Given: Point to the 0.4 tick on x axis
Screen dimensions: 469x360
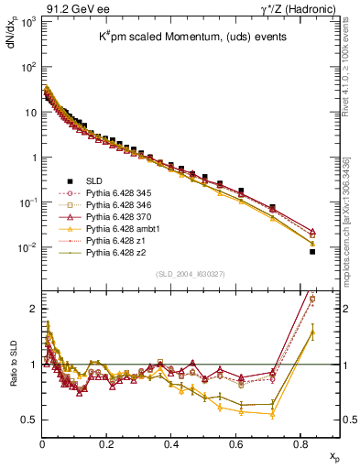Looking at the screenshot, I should point(172,442).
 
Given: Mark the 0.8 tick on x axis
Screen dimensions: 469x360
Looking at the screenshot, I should point(301,442).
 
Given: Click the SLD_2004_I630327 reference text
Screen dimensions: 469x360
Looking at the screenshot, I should point(191,274).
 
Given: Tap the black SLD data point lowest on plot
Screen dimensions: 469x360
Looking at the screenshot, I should point(312,251).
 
